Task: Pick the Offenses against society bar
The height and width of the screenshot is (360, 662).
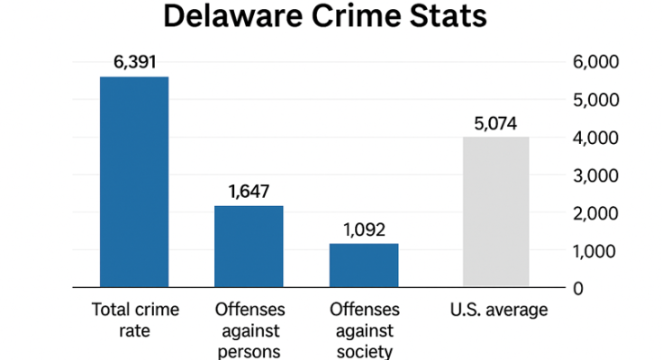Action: click(363, 265)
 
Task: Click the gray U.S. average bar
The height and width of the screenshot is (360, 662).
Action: click(496, 212)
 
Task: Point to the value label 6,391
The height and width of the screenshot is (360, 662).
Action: click(134, 63)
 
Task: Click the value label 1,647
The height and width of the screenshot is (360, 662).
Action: click(249, 192)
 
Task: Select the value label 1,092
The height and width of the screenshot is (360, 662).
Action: click(363, 229)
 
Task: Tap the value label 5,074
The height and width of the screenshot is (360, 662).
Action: click(496, 123)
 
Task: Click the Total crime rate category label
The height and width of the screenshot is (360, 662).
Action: click(134, 320)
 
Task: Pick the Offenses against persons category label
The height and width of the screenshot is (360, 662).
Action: click(249, 330)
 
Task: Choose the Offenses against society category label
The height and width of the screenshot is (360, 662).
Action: click(363, 330)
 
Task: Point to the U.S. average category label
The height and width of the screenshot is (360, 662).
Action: click(498, 310)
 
